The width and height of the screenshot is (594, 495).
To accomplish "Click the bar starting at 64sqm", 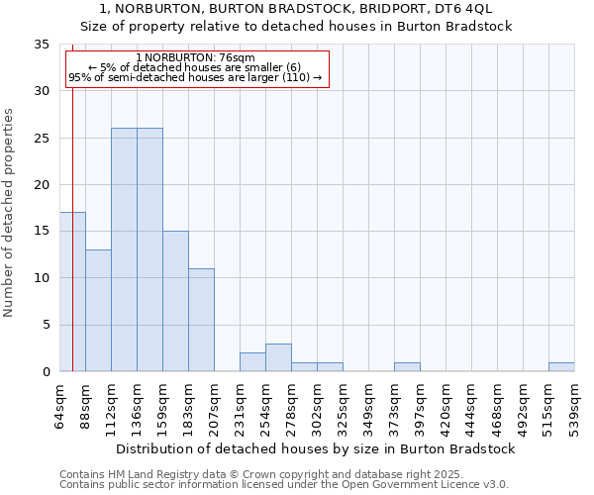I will [72, 292].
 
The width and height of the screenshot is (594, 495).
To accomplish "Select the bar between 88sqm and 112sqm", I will [98, 311].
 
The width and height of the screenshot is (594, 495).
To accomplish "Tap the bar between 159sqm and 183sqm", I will [175, 301].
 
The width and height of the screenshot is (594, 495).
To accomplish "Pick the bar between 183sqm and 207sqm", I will [201, 320].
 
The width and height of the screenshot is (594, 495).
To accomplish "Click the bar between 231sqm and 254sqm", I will [252, 362].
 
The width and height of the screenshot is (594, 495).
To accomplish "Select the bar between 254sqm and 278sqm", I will [278, 357].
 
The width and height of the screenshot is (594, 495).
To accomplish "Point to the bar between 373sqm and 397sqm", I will [407, 367].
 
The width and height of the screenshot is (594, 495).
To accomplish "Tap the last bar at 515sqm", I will [561, 367].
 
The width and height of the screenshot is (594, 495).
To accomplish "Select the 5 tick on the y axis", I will [46, 325].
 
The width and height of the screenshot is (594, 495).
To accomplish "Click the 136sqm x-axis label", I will [138, 404].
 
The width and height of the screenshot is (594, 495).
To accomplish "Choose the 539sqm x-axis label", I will [574, 404].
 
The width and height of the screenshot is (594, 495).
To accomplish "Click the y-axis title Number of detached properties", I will [10, 213].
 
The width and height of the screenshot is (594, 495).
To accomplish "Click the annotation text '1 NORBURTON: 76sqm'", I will [195, 58].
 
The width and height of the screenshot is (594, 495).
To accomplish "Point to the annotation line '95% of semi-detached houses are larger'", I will [195, 77].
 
